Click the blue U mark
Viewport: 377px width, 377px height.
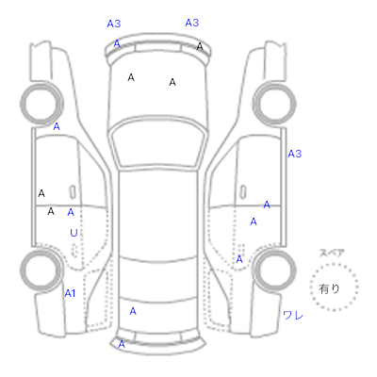click(74, 233)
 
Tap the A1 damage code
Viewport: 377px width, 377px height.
click(70, 293)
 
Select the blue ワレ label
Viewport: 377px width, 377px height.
click(293, 315)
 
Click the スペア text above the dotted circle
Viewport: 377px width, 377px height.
click(332, 253)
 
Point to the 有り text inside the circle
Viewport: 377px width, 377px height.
click(329, 288)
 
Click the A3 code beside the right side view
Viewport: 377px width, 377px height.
click(295, 154)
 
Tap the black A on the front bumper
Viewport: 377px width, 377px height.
click(200, 46)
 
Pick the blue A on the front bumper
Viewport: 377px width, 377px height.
click(117, 43)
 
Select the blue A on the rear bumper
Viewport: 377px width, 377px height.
click(122, 344)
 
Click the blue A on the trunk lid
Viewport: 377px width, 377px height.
click(133, 311)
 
